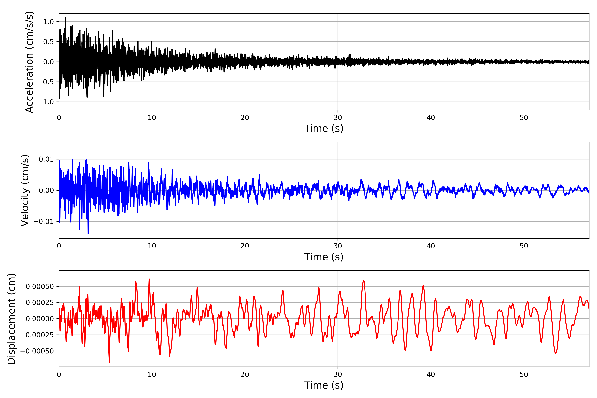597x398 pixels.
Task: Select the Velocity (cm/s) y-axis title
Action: click(x=25, y=190)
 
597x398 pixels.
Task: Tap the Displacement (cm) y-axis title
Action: click(x=12, y=319)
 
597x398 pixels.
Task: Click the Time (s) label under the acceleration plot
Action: click(x=324, y=128)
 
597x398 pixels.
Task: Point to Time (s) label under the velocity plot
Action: click(x=324, y=257)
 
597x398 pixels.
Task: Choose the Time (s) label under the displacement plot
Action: click(x=324, y=385)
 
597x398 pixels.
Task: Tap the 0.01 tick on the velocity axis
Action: click(x=46, y=159)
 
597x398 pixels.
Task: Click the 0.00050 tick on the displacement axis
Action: click(x=40, y=287)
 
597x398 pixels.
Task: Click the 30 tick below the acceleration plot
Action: click(x=338, y=118)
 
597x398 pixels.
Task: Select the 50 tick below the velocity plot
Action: click(x=524, y=246)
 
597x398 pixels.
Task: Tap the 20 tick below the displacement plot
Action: click(x=245, y=374)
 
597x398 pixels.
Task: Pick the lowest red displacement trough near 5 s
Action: click(x=109, y=362)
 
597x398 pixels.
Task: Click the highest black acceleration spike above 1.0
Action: click(x=66, y=18)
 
